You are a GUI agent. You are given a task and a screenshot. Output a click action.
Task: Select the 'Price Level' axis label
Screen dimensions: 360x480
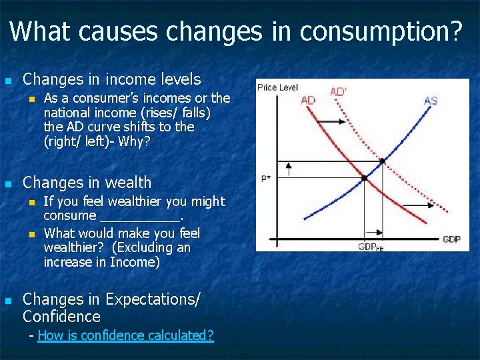[x=278, y=87]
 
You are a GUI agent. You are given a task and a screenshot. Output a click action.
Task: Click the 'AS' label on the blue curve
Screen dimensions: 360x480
[x=431, y=101]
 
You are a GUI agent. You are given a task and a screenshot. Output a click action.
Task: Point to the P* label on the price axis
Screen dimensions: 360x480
[x=265, y=179]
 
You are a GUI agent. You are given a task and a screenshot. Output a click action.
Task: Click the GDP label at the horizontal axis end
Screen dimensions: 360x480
[x=451, y=239]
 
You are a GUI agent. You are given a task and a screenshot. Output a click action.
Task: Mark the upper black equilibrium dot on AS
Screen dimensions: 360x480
[x=382, y=161]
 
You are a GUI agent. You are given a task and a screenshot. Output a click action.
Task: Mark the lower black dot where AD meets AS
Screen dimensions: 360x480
[x=364, y=178]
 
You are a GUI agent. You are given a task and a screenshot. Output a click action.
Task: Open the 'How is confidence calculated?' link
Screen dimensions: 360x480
[x=126, y=335]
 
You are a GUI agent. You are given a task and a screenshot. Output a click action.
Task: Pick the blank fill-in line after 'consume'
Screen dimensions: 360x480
[x=139, y=216]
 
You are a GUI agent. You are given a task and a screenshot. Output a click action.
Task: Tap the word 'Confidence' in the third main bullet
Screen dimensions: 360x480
[x=61, y=317]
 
